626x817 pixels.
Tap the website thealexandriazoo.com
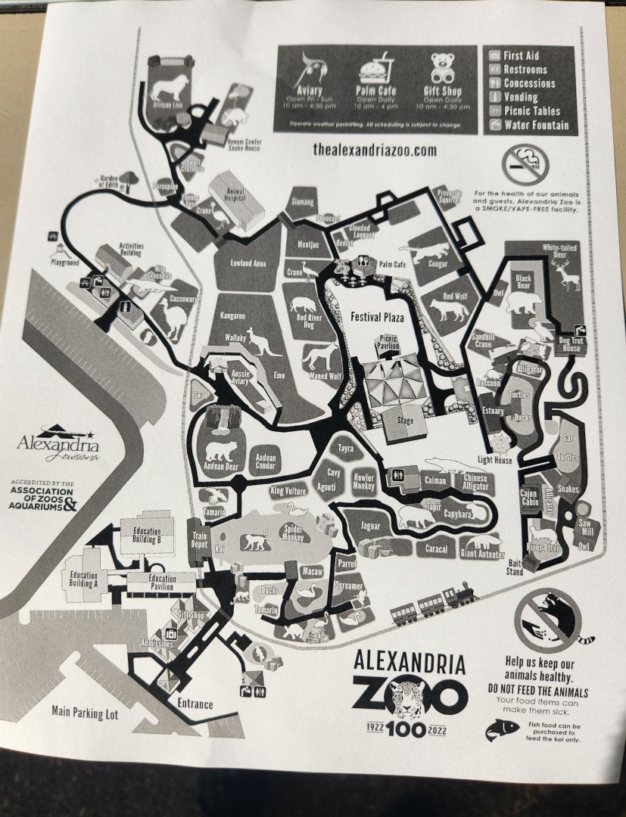coord(375,150)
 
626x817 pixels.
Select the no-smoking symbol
coord(524,161)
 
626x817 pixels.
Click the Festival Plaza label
coord(377,318)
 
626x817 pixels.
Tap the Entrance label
coord(195,705)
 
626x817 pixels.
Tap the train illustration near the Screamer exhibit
coord(432,603)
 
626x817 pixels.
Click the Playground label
coord(65,262)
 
